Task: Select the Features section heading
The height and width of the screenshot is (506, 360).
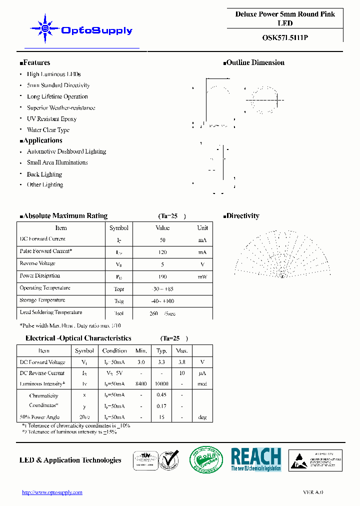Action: tap(35, 62)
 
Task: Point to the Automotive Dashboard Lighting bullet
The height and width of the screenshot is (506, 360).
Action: tap(66, 151)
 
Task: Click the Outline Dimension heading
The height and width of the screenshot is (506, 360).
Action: tap(254, 62)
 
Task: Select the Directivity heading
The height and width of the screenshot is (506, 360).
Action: tap(241, 216)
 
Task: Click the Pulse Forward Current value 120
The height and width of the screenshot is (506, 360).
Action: tap(162, 252)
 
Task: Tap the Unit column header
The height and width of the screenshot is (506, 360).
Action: tap(202, 228)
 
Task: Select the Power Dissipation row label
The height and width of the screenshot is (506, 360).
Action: tap(39, 275)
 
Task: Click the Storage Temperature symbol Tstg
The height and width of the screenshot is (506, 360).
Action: tap(119, 301)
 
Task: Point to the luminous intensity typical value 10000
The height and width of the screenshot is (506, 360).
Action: tap(161, 384)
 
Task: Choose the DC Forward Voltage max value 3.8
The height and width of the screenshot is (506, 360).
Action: tap(182, 362)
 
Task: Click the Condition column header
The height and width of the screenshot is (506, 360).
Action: tap(114, 350)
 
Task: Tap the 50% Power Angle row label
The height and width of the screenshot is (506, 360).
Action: tap(39, 417)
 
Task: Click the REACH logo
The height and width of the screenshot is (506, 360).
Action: tap(256, 459)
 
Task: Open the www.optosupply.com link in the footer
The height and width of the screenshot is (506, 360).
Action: tap(52, 492)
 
